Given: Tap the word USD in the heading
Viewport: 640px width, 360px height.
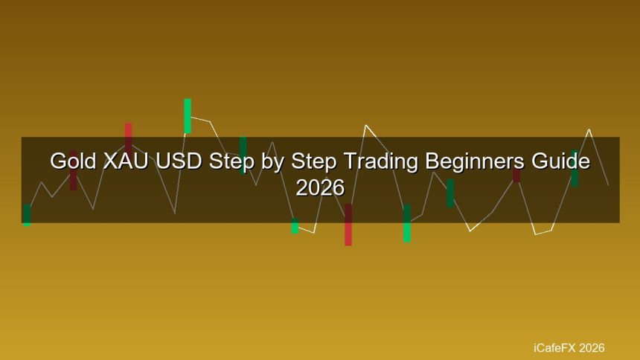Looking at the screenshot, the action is (179, 161).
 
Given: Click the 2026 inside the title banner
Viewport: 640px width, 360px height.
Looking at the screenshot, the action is (320, 187).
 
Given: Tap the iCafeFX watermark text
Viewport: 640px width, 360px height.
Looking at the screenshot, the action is (554, 348).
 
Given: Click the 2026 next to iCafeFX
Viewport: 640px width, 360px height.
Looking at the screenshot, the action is (592, 348).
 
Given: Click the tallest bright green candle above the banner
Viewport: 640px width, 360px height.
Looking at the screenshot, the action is (188, 116).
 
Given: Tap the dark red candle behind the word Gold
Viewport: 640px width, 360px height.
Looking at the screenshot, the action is (73, 170).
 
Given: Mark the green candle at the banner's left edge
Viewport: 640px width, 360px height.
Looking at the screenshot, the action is (27, 215).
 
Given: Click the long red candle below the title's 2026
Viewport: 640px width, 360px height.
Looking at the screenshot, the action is (348, 225).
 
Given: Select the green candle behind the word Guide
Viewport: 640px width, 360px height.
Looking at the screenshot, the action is (575, 169).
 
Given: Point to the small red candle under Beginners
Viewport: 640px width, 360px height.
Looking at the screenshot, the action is (516, 175).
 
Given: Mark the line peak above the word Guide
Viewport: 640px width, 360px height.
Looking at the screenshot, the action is (589, 129).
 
